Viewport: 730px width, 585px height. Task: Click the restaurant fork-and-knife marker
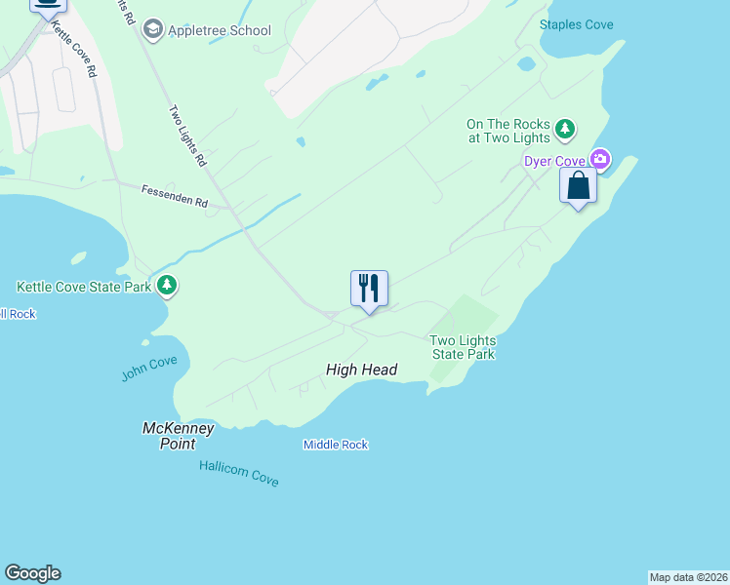(369, 289)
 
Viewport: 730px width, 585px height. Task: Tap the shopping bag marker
(578, 185)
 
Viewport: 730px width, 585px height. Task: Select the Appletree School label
(220, 30)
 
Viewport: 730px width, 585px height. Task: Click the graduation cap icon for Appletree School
(152, 30)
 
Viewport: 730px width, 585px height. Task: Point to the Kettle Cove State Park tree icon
(168, 286)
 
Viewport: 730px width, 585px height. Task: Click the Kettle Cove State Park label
(84, 287)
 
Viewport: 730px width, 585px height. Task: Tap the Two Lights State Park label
(464, 347)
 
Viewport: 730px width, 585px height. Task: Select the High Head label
(361, 370)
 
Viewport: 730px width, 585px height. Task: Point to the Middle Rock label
(335, 445)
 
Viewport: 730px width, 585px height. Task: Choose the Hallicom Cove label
(238, 474)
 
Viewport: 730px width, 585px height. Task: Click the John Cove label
(149, 369)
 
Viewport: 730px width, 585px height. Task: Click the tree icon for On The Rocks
(564, 129)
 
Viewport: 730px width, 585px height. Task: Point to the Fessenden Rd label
(175, 197)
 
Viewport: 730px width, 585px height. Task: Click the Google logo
(33, 573)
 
